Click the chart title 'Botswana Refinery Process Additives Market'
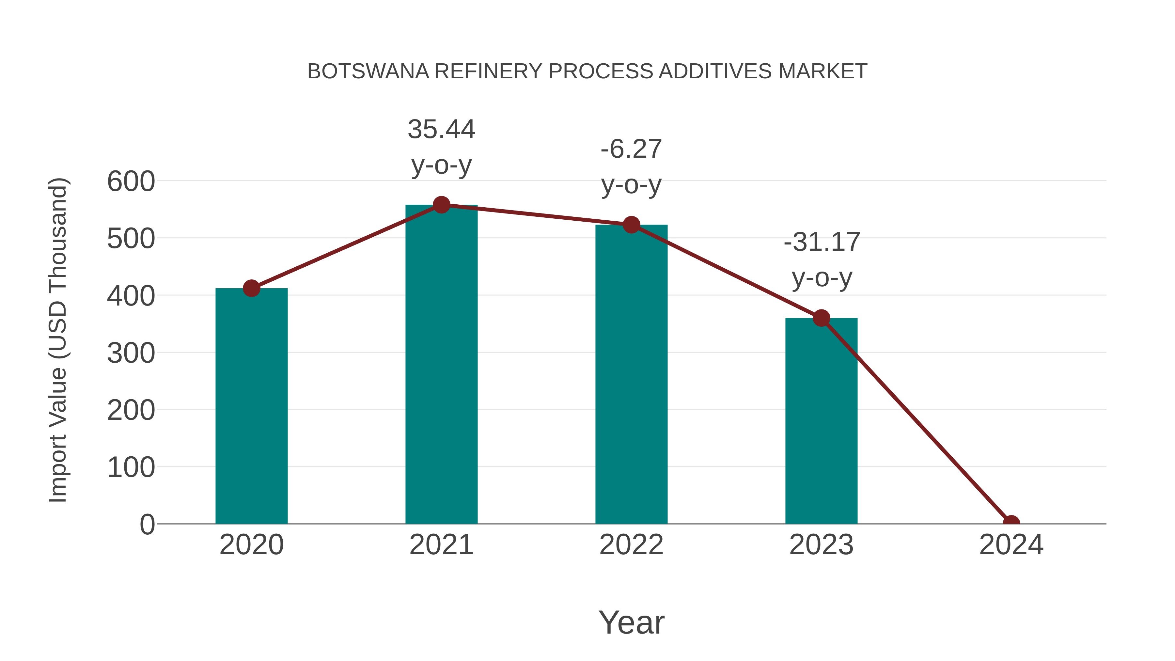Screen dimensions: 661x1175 click(x=587, y=71)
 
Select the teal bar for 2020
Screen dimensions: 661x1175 click(x=251, y=406)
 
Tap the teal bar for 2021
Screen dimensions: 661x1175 click(x=441, y=365)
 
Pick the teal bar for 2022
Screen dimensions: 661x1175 click(x=631, y=374)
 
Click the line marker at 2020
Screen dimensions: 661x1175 click(x=251, y=288)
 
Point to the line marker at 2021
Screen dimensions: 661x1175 click(x=441, y=205)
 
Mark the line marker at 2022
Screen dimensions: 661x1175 click(x=631, y=225)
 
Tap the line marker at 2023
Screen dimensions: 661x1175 click(x=821, y=318)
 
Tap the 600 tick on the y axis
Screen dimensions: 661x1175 click(x=131, y=181)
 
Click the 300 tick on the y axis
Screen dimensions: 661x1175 click(x=131, y=353)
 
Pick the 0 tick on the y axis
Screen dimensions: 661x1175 click(x=147, y=525)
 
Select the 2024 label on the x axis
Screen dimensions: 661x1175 click(x=1011, y=545)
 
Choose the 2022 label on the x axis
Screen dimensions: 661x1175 click(x=631, y=545)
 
